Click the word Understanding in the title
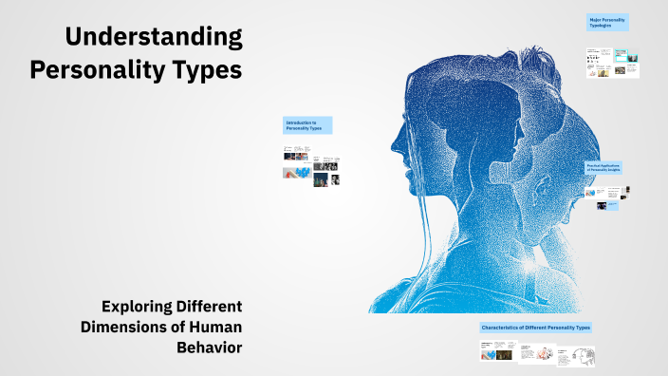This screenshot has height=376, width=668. click(x=153, y=38)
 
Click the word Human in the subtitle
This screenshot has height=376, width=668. click(x=214, y=327)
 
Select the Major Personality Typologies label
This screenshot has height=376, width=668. click(x=607, y=23)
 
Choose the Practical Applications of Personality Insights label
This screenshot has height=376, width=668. click(x=603, y=167)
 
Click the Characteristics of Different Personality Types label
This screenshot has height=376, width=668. click(x=537, y=328)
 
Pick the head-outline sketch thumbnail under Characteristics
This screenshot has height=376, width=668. click(x=582, y=355)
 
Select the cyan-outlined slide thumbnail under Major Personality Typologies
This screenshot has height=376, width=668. click(x=622, y=55)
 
